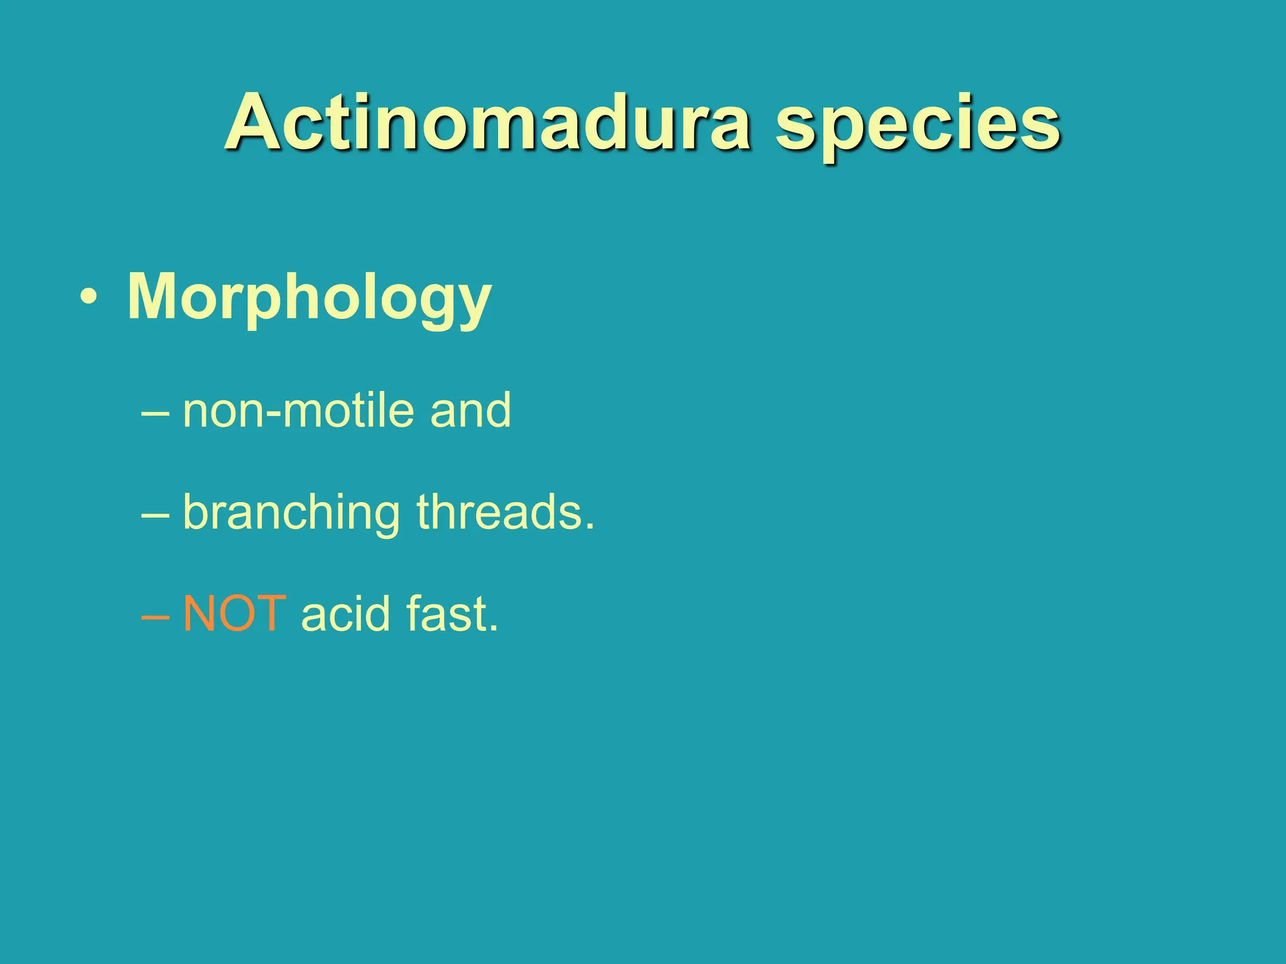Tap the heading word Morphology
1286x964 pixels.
309,297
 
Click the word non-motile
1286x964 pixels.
299,411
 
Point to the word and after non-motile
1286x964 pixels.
470,411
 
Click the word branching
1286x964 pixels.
291,513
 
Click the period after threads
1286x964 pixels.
588,528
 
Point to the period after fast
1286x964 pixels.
493,629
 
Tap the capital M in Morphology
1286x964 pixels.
154,297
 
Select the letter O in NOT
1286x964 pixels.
238,614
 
